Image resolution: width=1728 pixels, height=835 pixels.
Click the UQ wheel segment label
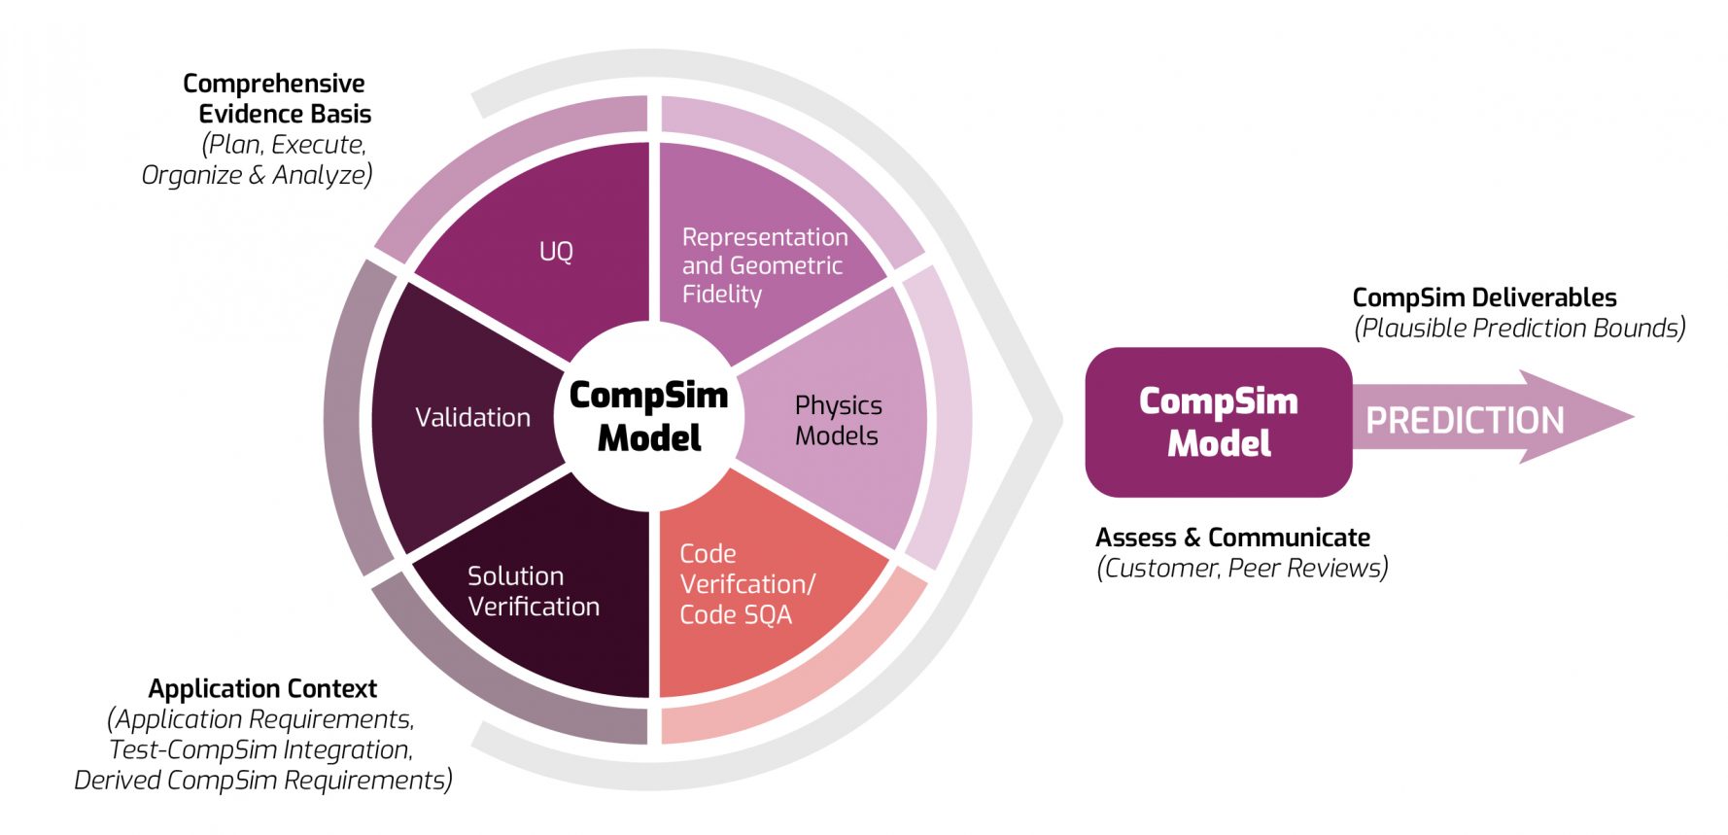point(556,252)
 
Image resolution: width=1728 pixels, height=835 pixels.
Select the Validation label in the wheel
point(472,418)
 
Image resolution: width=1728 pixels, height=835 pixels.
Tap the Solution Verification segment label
point(533,591)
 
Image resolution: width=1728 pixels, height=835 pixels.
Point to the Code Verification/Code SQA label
point(746,584)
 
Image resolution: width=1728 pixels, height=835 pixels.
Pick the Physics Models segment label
point(838,420)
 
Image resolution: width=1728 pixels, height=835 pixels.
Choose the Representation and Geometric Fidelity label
point(764,265)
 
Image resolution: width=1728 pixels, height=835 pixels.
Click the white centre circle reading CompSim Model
point(648,416)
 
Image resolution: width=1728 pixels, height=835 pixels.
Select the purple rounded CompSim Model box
point(1218,422)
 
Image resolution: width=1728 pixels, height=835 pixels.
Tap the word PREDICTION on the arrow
point(1464,421)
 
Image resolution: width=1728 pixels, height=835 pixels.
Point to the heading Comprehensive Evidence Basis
point(277,98)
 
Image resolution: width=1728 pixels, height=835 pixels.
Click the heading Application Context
point(262,689)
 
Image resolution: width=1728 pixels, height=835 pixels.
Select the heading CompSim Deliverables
point(1483,297)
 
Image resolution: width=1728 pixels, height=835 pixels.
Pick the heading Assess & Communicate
point(1232,538)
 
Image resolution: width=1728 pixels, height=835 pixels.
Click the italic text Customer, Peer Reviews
point(1242,568)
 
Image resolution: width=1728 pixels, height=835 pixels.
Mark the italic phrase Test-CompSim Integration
point(260,749)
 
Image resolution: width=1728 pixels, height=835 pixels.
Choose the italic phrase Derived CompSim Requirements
point(262,781)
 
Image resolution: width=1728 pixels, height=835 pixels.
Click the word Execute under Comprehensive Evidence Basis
point(317,145)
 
